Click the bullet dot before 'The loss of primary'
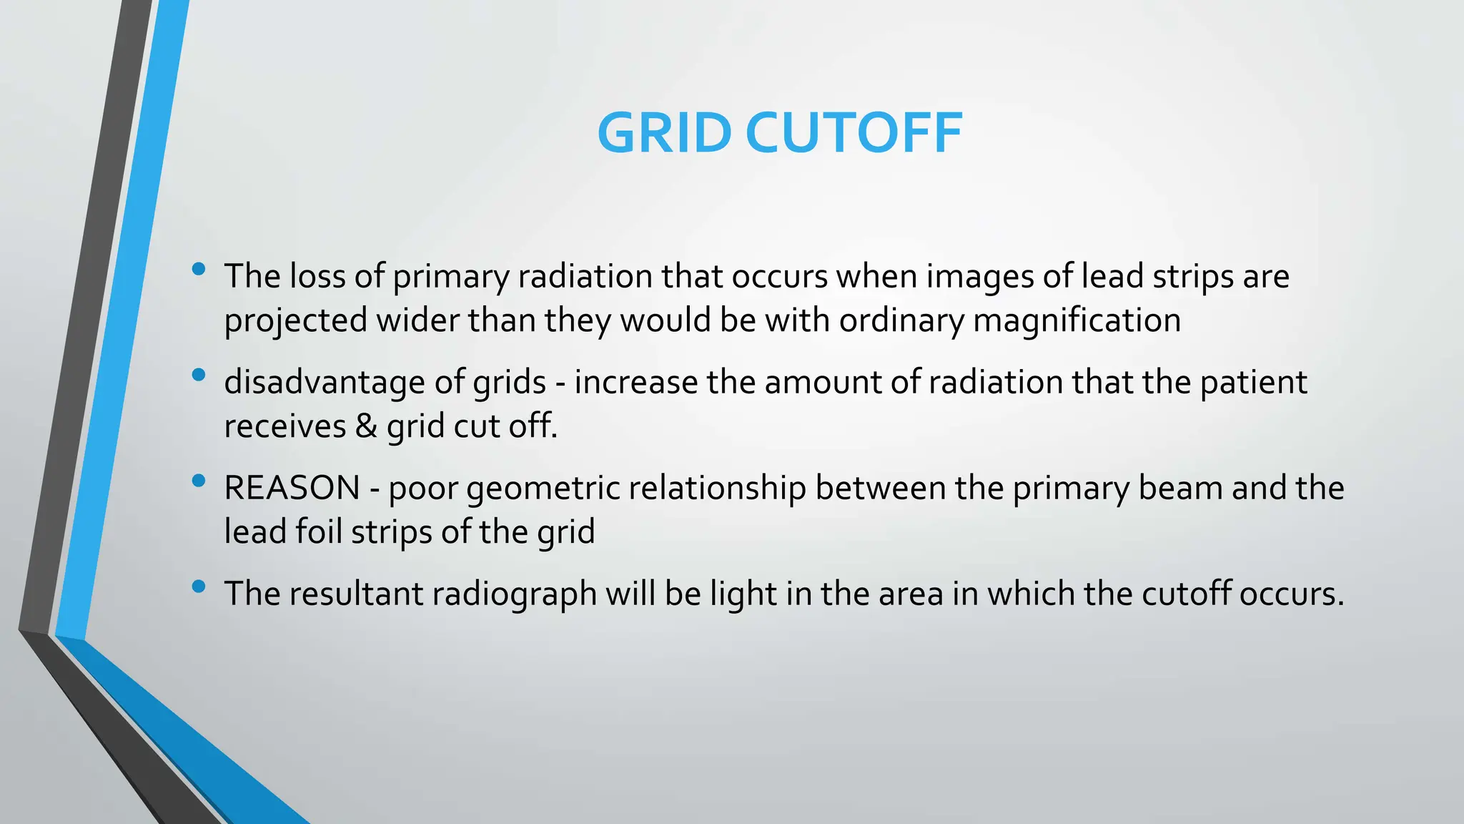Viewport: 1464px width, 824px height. point(199,270)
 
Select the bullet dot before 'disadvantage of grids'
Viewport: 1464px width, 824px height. point(199,375)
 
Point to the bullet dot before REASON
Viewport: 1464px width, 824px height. point(199,481)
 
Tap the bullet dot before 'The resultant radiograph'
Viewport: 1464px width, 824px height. point(199,587)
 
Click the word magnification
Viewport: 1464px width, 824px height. point(1077,320)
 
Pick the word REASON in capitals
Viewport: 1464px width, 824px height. point(292,488)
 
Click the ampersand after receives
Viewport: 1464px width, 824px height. point(366,426)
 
